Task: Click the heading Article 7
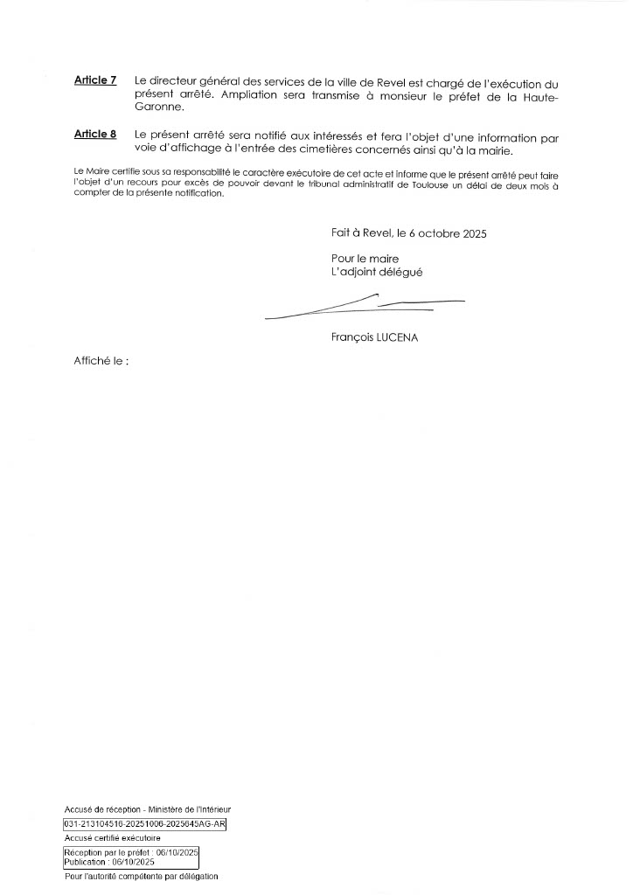point(95,80)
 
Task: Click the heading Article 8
point(95,135)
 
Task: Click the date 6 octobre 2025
point(448,234)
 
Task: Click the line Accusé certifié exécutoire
point(106,837)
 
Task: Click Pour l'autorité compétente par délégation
point(141,876)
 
